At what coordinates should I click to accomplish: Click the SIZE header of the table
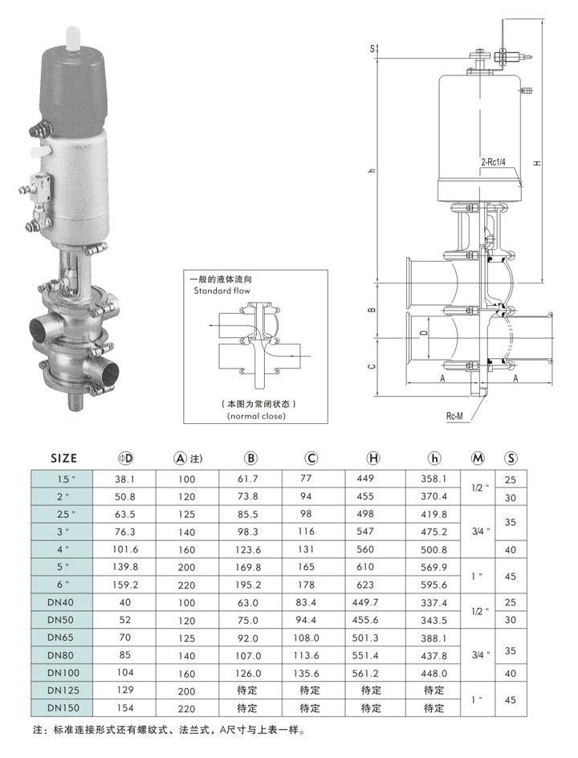(63, 458)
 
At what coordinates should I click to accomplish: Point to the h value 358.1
(434, 478)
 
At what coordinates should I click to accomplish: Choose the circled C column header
(311, 458)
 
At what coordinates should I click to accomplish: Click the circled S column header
(511, 458)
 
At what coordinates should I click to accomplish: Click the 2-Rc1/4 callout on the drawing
(494, 161)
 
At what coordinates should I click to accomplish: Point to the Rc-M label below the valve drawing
(458, 417)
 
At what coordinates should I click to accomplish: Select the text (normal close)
(257, 416)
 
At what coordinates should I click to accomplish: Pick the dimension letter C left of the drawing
(372, 365)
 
